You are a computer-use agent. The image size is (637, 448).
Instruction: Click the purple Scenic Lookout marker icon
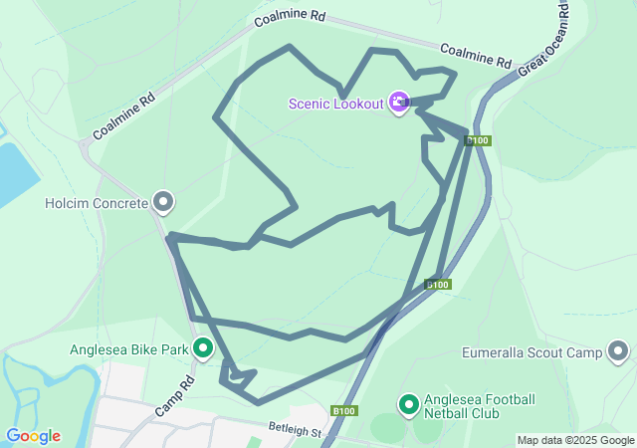click(x=399, y=103)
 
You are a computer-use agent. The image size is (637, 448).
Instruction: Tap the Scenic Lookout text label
click(x=336, y=104)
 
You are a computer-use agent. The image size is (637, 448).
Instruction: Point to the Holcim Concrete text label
click(x=97, y=203)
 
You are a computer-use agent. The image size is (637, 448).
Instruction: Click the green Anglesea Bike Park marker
click(x=203, y=348)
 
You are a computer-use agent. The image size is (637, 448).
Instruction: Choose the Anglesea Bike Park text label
click(x=129, y=349)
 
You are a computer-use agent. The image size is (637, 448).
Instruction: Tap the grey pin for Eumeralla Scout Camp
click(x=618, y=352)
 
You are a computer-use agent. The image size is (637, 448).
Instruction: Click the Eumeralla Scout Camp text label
click(x=532, y=352)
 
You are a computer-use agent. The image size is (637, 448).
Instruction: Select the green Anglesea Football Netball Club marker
click(x=408, y=404)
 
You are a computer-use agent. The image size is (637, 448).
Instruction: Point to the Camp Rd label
click(x=175, y=396)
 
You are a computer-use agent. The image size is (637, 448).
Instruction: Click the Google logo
click(x=33, y=436)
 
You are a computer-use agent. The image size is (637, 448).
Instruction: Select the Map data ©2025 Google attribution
click(x=575, y=440)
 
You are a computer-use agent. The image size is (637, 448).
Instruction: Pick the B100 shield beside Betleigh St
click(x=344, y=410)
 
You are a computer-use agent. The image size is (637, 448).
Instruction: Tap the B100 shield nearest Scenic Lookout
click(x=478, y=140)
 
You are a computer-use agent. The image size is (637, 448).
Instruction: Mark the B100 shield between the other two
click(x=438, y=285)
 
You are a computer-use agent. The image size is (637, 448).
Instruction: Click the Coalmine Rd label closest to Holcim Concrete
click(x=124, y=117)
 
